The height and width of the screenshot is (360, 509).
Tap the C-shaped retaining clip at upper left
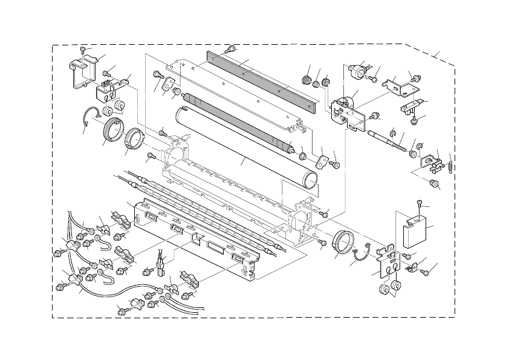click(x=89, y=115)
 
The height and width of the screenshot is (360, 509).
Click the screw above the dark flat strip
click(x=230, y=48)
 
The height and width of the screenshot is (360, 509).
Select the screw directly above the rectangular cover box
click(x=419, y=204)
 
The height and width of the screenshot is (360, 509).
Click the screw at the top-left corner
click(x=83, y=50)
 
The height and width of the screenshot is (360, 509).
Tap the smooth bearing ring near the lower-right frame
click(x=343, y=244)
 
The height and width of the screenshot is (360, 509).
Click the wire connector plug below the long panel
click(x=161, y=266)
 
